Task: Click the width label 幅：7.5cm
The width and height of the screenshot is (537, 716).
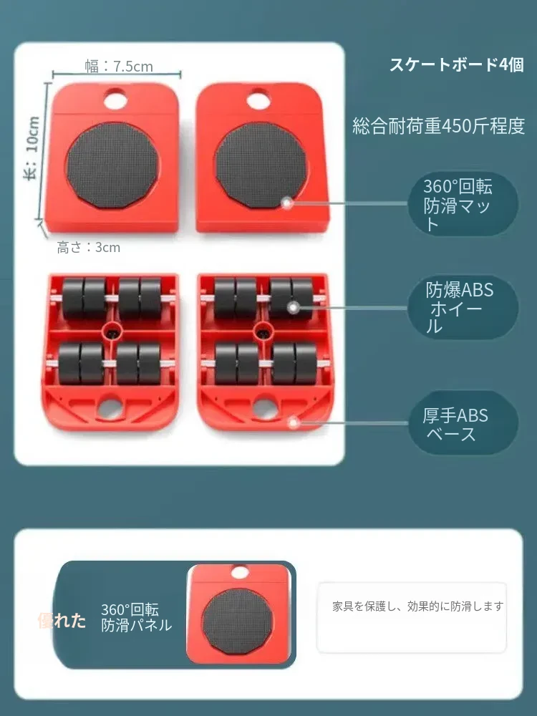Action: click(119, 66)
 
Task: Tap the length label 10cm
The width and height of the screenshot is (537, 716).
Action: click(32, 135)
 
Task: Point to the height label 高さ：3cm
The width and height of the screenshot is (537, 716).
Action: click(89, 247)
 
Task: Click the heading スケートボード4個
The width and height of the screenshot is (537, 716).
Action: click(457, 64)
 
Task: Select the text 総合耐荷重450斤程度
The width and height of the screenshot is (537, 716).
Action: click(439, 125)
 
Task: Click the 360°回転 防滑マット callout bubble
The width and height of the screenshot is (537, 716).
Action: click(463, 204)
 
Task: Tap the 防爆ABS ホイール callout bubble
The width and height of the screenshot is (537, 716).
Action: click(463, 307)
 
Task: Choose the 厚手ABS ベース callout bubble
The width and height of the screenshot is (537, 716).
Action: click(463, 422)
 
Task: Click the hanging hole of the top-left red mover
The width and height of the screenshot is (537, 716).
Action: click(115, 99)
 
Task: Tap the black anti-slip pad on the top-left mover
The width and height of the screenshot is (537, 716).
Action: click(112, 165)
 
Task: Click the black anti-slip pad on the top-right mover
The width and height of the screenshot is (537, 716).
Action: click(261, 165)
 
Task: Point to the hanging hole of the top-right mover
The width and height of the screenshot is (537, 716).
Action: click(258, 99)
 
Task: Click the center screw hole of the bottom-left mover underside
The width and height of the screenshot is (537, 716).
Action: click(112, 330)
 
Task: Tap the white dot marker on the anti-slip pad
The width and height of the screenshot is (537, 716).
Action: click(286, 203)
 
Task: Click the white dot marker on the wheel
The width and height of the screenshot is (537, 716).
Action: click(294, 307)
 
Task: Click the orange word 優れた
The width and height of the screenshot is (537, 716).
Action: click(62, 620)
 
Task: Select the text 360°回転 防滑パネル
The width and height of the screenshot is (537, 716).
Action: click(136, 617)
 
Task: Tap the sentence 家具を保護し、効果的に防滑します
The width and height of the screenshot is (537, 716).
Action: click(418, 606)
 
